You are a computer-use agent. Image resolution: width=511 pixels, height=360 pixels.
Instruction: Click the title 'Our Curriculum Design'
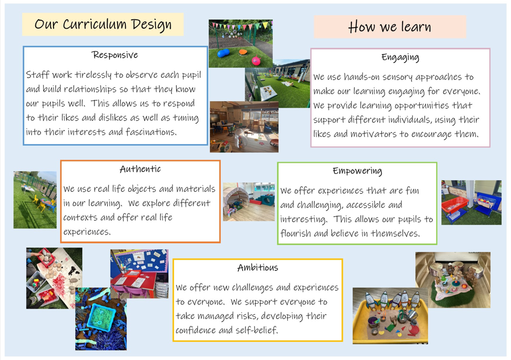click(103, 24)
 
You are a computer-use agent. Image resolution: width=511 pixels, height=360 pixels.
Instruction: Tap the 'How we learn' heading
click(390, 27)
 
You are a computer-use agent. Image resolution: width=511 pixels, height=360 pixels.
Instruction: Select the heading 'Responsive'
click(115, 55)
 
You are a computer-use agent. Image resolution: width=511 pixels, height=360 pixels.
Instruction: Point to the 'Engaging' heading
click(401, 57)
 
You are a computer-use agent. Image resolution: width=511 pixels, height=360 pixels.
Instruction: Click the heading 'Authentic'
click(140, 169)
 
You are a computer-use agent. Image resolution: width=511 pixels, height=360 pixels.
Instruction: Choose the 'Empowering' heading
click(357, 171)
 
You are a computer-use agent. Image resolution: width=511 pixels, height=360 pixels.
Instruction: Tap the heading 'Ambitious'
click(258, 267)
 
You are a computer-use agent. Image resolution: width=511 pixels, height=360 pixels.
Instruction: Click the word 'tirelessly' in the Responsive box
click(93, 75)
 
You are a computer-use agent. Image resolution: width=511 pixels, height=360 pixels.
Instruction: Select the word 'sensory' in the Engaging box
click(397, 77)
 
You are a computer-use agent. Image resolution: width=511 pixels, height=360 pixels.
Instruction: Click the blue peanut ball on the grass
click(223, 53)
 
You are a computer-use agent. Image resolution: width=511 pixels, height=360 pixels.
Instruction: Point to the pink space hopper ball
click(256, 60)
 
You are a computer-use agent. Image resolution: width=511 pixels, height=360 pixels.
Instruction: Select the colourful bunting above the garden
click(241, 25)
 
